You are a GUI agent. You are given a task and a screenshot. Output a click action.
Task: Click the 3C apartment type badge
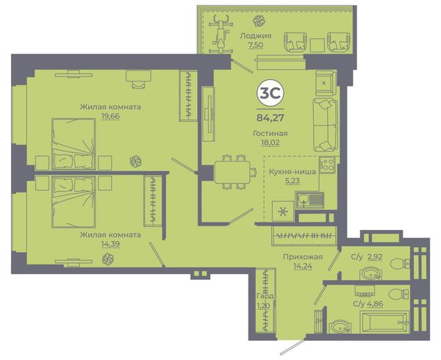(x=270, y=93)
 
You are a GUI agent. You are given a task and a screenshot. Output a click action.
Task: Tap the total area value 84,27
(x=270, y=118)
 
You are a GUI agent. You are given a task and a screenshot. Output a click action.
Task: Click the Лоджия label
(x=255, y=36)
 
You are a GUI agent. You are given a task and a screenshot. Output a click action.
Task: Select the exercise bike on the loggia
(x=221, y=34)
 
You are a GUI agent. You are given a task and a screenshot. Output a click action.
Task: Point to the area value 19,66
(x=110, y=116)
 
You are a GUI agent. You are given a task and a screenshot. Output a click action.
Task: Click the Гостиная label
(x=270, y=133)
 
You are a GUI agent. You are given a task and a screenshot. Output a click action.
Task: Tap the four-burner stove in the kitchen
(x=327, y=165)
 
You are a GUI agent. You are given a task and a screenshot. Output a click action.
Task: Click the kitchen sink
(x=309, y=200)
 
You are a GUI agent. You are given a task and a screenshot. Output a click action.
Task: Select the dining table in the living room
(x=232, y=172)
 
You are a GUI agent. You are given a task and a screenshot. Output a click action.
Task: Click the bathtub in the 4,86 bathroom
(x=384, y=322)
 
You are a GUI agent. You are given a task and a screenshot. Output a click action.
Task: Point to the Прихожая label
(x=303, y=257)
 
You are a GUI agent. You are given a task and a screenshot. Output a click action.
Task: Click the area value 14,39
(x=110, y=244)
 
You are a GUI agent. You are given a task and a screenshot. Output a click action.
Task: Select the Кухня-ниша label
(x=293, y=171)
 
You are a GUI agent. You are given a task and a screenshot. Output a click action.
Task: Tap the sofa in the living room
(x=325, y=126)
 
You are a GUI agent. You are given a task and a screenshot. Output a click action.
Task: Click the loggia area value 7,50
(x=255, y=45)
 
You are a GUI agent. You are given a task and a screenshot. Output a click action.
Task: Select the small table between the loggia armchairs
(x=318, y=45)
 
